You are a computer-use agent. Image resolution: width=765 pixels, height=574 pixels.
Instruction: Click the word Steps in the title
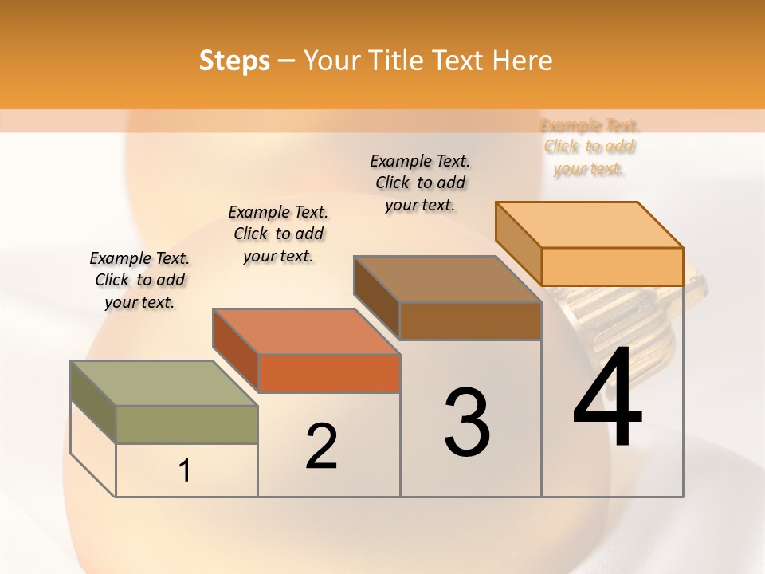[234, 61]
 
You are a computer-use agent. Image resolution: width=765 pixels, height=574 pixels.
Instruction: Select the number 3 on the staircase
[467, 423]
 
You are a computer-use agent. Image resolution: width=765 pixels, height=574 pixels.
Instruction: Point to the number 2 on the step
[321, 446]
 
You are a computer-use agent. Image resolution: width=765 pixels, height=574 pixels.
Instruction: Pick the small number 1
[184, 471]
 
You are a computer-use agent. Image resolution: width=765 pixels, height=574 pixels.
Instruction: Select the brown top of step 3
[447, 279]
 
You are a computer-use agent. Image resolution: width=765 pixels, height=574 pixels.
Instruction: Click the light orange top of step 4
[589, 225]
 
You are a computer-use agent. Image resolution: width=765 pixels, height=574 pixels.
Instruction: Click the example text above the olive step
[139, 280]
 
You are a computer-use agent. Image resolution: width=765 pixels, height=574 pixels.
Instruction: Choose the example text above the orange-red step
[278, 234]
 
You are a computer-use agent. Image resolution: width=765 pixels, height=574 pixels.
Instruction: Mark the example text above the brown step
[420, 183]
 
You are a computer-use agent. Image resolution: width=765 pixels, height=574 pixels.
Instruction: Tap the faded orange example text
[590, 147]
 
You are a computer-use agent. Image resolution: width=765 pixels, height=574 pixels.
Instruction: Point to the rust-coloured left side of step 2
[235, 351]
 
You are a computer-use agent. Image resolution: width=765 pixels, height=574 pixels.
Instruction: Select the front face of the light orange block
[612, 266]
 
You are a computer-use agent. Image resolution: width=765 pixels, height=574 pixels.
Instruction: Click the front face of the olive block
[186, 424]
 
